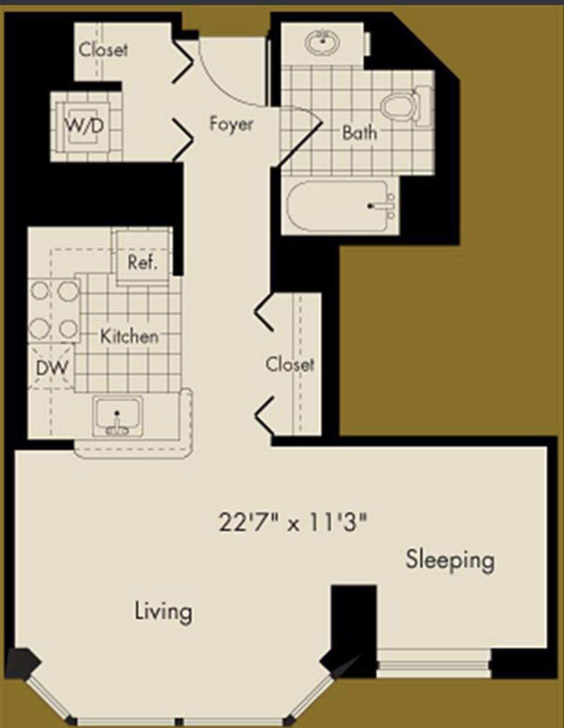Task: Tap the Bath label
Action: pyautogui.click(x=359, y=133)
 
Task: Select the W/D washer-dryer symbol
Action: pyautogui.click(x=86, y=126)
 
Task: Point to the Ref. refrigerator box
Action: pyautogui.click(x=143, y=257)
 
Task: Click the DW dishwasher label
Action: pyautogui.click(x=52, y=368)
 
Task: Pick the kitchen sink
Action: pyautogui.click(x=117, y=416)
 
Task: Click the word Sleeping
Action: pyautogui.click(x=450, y=560)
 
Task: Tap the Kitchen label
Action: pyautogui.click(x=129, y=336)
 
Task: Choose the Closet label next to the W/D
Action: pyautogui.click(x=103, y=50)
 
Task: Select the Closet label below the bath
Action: pyautogui.click(x=290, y=364)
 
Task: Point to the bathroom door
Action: pyautogui.click(x=300, y=144)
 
